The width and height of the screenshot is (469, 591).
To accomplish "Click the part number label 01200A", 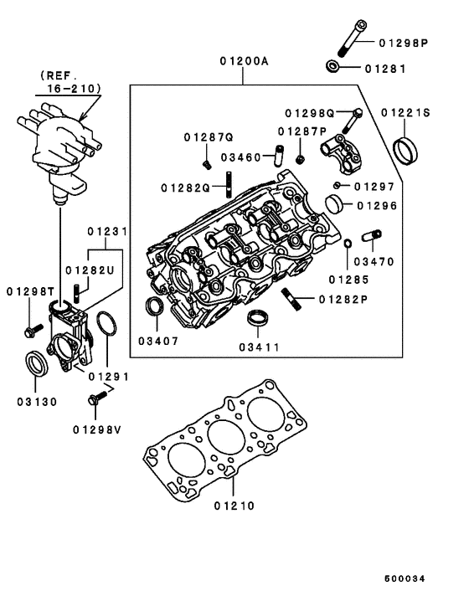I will coord(245,61).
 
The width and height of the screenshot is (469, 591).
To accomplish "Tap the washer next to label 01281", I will coord(333,65).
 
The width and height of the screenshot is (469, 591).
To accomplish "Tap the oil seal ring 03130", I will coord(37,366).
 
